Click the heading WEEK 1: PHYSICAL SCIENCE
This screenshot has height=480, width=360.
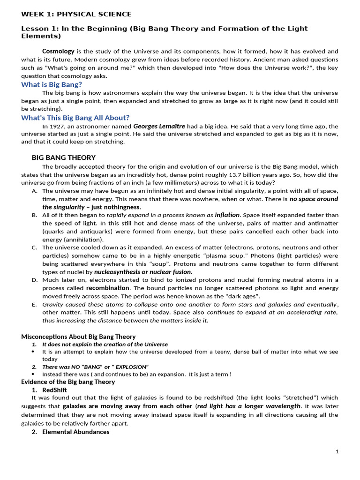pyautogui.click(x=76, y=14)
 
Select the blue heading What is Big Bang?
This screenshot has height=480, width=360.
pyautogui.click(x=52, y=84)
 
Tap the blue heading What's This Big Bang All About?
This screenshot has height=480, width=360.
pyautogui.click(x=75, y=118)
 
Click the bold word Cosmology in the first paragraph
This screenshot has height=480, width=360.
pyautogui.click(x=58, y=51)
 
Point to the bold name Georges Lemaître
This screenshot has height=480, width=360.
pyautogui.click(x=159, y=126)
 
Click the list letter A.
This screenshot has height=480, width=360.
pyautogui.click(x=34, y=191)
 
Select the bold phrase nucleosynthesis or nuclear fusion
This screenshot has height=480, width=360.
pyautogui.click(x=143, y=271)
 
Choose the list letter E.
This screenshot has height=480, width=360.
pyautogui.click(x=34, y=304)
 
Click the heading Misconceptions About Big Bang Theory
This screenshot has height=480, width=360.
pyautogui.click(x=78, y=337)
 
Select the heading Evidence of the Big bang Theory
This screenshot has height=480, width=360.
pyautogui.click(x=68, y=382)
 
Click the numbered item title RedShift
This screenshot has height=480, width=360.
pyautogui.click(x=54, y=390)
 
